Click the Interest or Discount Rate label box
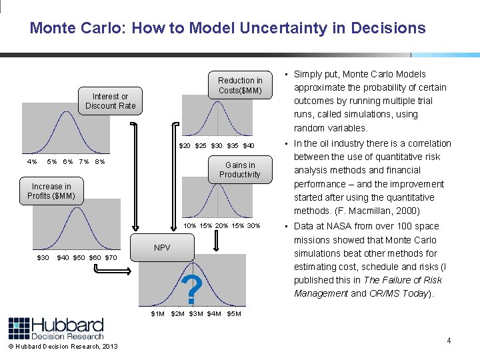pos(110,101)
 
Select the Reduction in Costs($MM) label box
pos(240,85)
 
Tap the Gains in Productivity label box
pos(240,170)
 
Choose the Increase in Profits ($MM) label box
pos(51,191)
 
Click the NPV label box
pos(162,247)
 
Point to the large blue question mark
pos(192,289)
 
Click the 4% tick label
pos(32,161)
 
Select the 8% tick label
pos(99,161)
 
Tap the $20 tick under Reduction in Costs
pos(185,145)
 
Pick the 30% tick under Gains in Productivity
pos(253,225)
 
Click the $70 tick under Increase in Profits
pos(111,257)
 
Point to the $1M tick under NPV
pos(158,313)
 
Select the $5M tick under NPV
pos(234,313)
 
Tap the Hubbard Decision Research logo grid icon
pos(19,329)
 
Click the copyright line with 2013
pos(63,346)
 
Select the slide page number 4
pos(449,341)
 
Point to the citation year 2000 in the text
pos(407,211)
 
